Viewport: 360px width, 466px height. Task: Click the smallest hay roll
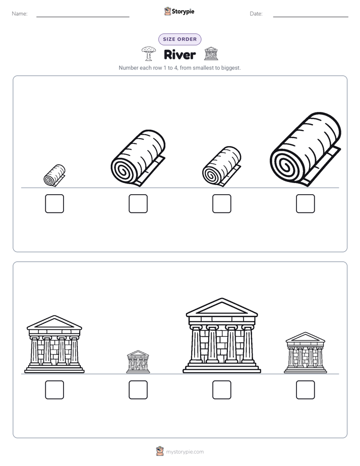tap(54, 176)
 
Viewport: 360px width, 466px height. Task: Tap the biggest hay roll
tap(306, 149)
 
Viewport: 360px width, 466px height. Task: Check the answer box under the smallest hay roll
tap(54, 204)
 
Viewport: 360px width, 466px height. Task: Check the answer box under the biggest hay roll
tap(306, 204)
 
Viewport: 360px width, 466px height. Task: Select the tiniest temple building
tap(138, 362)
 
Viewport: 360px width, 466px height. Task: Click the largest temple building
tap(221, 335)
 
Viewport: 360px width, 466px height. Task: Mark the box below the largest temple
tap(221, 390)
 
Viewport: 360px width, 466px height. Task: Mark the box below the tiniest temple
tap(138, 390)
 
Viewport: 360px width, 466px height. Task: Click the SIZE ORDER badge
tap(179, 39)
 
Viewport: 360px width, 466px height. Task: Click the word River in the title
tap(179, 54)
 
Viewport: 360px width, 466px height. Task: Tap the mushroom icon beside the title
tap(149, 53)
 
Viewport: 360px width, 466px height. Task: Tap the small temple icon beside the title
tap(211, 53)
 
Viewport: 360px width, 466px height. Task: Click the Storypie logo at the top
tap(179, 11)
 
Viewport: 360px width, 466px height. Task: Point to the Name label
tap(20, 14)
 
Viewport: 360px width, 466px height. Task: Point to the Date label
tap(256, 14)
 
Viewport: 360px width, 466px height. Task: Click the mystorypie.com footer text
tap(185, 452)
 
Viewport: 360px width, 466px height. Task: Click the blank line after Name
tap(83, 17)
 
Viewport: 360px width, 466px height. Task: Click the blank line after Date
tap(311, 17)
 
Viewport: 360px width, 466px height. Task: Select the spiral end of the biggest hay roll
tap(286, 166)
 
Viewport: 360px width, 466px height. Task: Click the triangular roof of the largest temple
tap(221, 307)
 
